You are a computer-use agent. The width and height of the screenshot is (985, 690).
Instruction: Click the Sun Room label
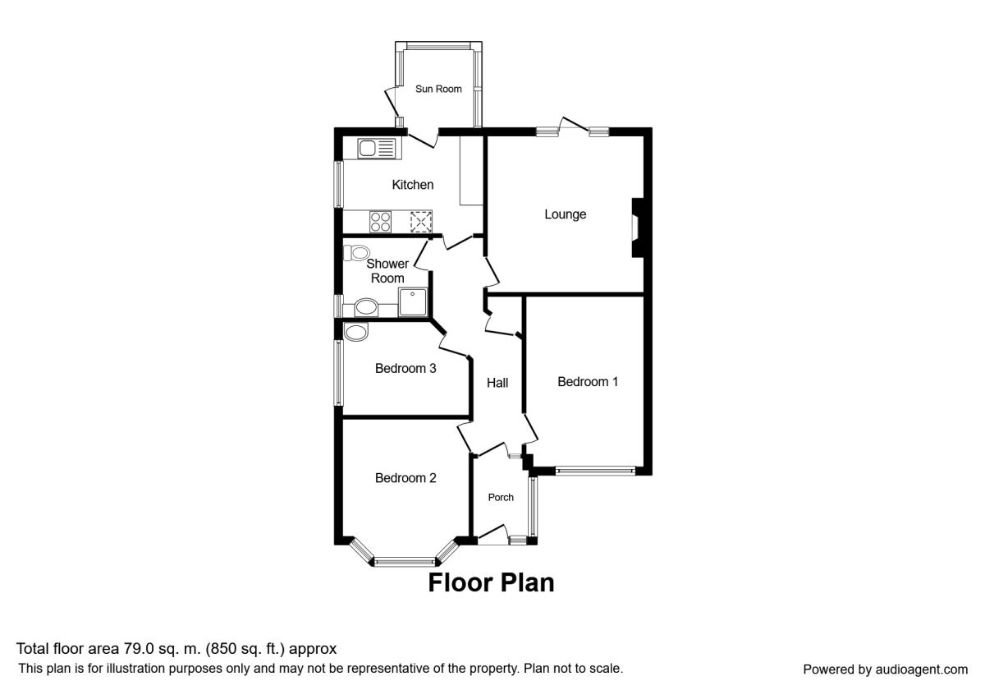point(438,89)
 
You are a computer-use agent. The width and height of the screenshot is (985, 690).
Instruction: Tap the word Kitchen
point(412,185)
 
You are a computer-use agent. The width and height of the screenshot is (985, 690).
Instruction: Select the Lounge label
point(566,214)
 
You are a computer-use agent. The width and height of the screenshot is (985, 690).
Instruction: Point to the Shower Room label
point(387,271)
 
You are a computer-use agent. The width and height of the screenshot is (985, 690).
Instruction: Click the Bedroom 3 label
point(405,368)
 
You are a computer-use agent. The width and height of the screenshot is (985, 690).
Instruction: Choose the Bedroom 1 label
point(588,381)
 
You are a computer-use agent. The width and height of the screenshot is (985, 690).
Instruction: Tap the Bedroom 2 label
point(405,478)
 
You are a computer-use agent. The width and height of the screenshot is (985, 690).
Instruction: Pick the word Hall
point(497,383)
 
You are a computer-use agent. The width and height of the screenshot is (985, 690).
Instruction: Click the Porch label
point(501,497)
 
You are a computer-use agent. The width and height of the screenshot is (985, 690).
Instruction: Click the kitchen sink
point(377,149)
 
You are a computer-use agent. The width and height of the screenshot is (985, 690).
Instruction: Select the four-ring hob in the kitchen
point(381,221)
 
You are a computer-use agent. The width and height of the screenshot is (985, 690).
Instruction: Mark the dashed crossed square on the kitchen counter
point(420,221)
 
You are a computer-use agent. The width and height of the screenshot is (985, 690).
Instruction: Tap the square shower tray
point(413,301)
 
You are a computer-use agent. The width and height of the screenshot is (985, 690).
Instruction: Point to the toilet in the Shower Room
point(357,252)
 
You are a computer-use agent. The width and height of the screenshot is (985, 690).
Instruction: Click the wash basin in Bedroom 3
point(356,332)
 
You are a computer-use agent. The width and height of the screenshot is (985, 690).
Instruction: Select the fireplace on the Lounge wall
point(635,228)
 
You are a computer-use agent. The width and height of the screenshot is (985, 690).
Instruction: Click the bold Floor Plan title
point(491,583)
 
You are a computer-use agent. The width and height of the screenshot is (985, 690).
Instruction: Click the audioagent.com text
point(915,669)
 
